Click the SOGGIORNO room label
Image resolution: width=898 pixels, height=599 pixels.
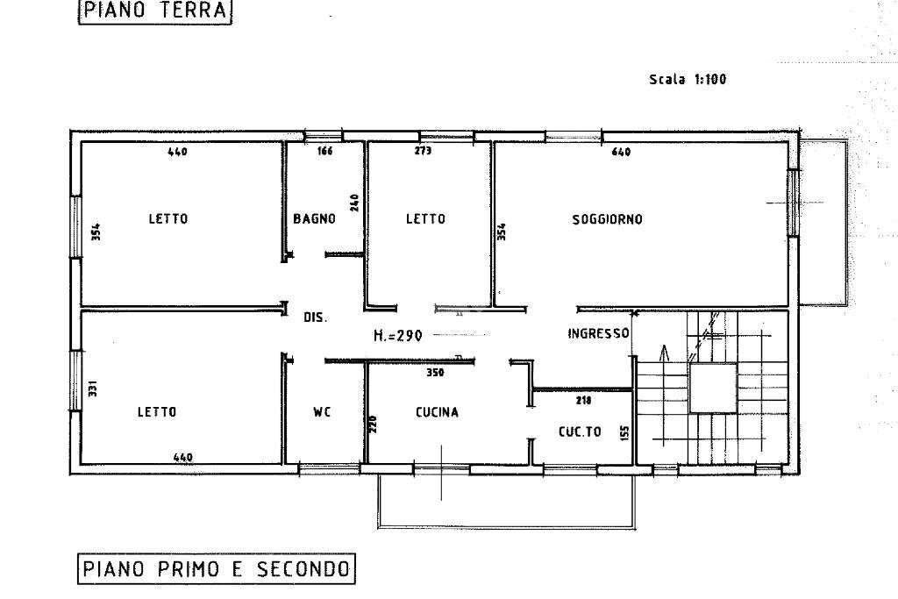pyautogui.click(x=607, y=219)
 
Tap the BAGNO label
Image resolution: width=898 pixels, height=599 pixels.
pyautogui.click(x=314, y=219)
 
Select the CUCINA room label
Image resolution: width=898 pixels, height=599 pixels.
pyautogui.click(x=437, y=412)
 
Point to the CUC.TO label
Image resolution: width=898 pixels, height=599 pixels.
pyautogui.click(x=580, y=431)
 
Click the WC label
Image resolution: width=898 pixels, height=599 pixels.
pyautogui.click(x=322, y=412)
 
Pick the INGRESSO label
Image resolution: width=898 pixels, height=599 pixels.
pyautogui.click(x=598, y=333)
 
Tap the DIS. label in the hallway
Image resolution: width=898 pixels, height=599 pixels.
pyautogui.click(x=315, y=317)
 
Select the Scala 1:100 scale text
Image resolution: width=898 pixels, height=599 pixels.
pyautogui.click(x=687, y=80)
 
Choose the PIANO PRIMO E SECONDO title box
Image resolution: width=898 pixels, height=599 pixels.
pyautogui.click(x=216, y=569)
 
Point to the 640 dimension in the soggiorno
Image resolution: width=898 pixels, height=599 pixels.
pyautogui.click(x=621, y=153)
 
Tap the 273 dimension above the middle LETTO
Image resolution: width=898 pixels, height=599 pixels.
pyautogui.click(x=423, y=152)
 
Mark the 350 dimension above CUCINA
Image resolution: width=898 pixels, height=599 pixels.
pyautogui.click(x=435, y=373)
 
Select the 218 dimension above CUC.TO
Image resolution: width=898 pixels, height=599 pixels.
pyautogui.click(x=583, y=400)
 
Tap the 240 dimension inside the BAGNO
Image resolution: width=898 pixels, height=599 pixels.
pyautogui.click(x=355, y=203)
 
